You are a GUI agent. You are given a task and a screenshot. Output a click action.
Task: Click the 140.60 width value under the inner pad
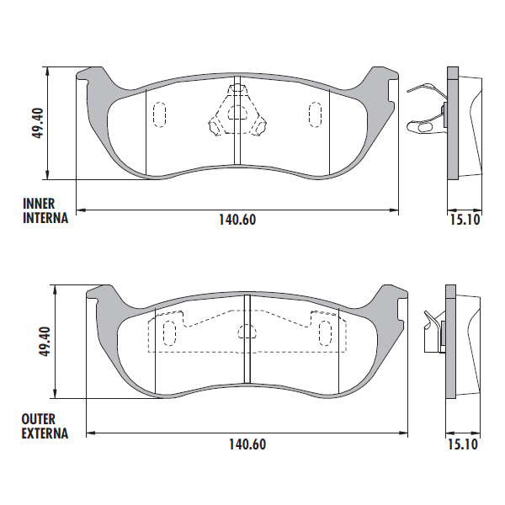pos(237,220)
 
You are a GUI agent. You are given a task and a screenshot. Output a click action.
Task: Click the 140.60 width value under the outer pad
pos(247,444)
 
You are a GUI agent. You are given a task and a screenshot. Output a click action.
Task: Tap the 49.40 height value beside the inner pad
pos(38,123)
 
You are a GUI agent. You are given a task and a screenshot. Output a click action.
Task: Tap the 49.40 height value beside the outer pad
pos(45,341)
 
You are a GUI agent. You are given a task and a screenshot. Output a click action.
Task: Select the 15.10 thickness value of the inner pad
pos(465,220)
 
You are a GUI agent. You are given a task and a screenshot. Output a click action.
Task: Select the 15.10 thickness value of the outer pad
pos(463,444)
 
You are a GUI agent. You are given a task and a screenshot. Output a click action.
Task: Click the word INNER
pos(39,204)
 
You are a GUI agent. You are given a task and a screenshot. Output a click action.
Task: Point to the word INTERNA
pos(45,218)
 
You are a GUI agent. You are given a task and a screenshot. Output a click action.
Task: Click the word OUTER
pos(39,419)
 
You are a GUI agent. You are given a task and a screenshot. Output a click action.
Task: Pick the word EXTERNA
pos(45,433)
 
